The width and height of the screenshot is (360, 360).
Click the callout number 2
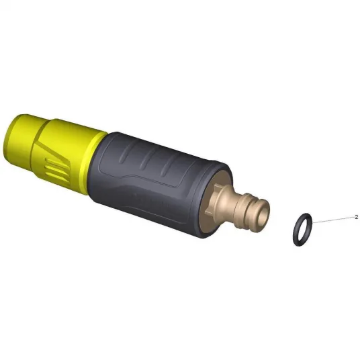pos(357,217)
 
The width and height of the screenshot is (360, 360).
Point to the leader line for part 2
pos(333,220)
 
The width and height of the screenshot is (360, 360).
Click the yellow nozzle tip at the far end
pos(18,140)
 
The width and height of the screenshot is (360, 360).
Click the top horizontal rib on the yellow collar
pos(56,161)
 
